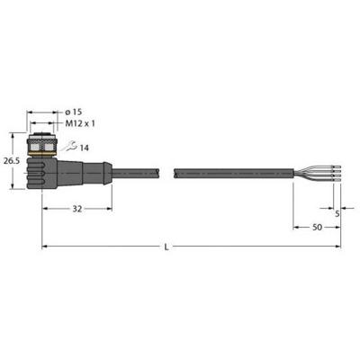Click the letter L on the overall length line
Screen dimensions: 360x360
point(191,243)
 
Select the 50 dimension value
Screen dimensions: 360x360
point(318,229)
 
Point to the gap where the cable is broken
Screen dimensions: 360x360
point(166,168)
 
